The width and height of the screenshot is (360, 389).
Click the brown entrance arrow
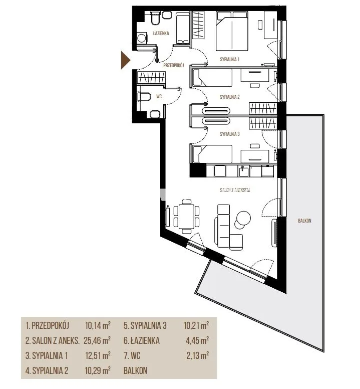(125, 60)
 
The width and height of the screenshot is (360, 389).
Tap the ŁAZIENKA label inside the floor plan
(161, 33)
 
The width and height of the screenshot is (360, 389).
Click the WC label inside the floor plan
(159, 96)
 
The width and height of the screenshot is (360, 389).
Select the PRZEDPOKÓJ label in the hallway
(173, 66)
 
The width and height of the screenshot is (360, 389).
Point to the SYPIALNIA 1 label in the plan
(230, 59)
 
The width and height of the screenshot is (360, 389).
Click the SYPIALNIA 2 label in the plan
(230, 97)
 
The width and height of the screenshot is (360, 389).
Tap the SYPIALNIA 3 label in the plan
(230, 134)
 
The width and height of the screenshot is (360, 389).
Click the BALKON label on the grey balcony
(304, 221)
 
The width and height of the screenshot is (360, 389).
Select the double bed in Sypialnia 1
(232, 31)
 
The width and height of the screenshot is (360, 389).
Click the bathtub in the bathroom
(183, 29)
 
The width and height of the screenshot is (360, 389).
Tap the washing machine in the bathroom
(142, 38)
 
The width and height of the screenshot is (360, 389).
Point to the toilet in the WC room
(144, 96)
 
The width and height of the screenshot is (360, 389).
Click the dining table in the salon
(186, 217)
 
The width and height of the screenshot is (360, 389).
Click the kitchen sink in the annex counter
(244, 171)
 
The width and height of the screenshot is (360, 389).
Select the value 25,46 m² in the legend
(97, 340)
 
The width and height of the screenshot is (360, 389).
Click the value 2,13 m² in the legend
(197, 355)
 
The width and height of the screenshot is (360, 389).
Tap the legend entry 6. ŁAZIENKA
(142, 340)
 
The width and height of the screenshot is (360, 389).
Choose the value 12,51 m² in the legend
(98, 355)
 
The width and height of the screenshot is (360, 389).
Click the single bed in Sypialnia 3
(213, 154)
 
